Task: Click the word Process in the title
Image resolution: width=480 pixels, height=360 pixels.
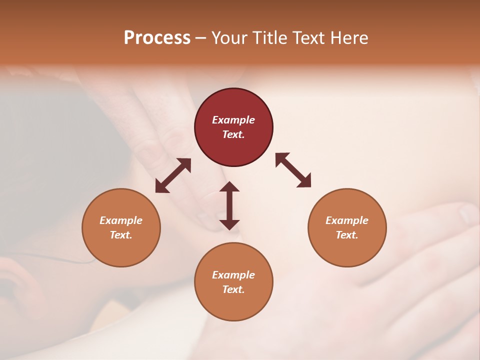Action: click(x=157, y=38)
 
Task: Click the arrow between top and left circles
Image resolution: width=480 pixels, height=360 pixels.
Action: click(x=173, y=175)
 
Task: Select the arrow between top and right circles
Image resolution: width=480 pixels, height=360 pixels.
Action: click(x=293, y=170)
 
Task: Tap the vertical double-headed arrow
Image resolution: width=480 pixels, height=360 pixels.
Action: click(x=229, y=205)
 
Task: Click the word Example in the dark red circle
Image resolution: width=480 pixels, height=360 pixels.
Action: click(x=233, y=120)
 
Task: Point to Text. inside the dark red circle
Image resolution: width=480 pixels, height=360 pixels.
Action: click(x=233, y=134)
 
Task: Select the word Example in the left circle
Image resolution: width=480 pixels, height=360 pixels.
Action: click(x=121, y=220)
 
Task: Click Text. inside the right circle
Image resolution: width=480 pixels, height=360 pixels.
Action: click(x=347, y=235)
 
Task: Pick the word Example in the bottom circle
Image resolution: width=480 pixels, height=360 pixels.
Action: click(x=233, y=275)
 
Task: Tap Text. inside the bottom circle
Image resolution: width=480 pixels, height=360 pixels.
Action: click(x=233, y=289)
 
